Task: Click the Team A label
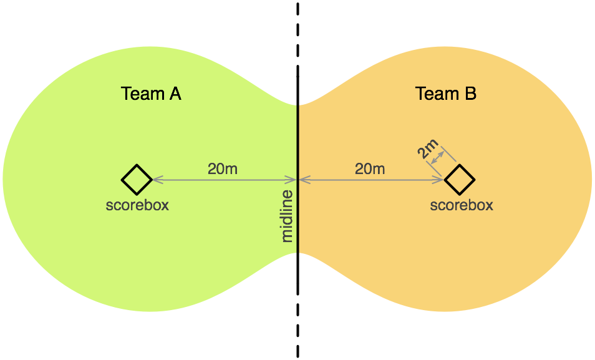coord(151,94)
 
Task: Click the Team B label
coord(445,94)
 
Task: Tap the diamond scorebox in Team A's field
coord(137,180)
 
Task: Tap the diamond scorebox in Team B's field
coord(460,180)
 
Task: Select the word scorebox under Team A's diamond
coord(137,205)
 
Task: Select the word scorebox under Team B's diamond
coord(462,205)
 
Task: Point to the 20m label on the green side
coord(223,168)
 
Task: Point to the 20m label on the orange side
coord(370,168)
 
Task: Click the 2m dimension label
coord(427,152)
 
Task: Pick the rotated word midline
coord(288,216)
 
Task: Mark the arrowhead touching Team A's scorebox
coord(156,180)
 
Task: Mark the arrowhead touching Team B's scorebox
coord(441,180)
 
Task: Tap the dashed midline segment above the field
coord(297,37)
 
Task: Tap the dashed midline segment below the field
coord(297,312)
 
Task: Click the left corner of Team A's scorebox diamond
coord(122,180)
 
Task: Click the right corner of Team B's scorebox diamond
coord(475,180)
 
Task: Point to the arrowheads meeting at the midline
coord(298,180)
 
